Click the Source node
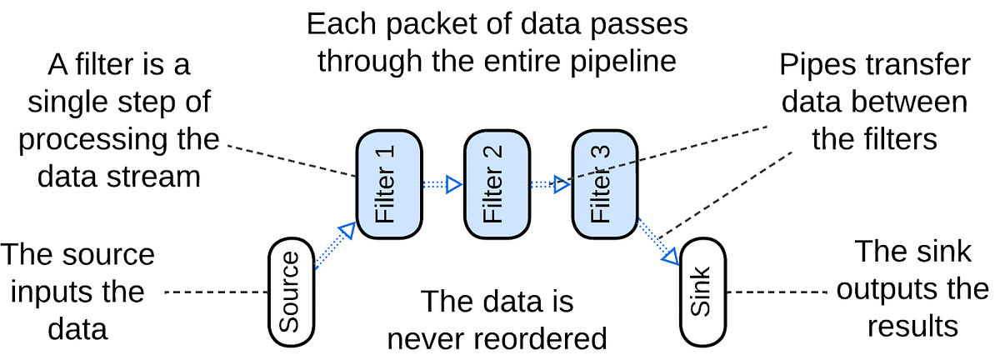point(290,292)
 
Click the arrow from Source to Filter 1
point(334,246)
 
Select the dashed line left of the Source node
point(215,292)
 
